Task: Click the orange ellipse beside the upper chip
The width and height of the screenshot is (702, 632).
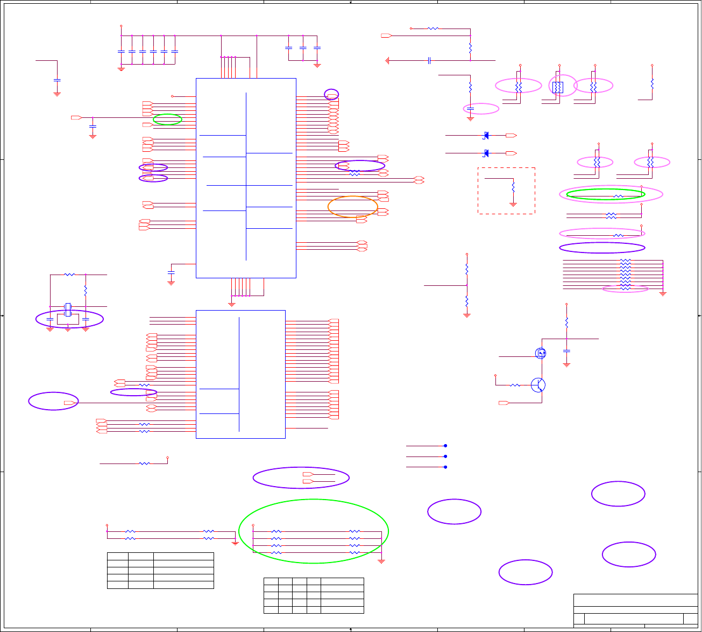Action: [353, 207]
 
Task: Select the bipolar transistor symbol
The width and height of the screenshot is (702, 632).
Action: [538, 385]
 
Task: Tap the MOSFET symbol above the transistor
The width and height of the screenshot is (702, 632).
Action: [541, 353]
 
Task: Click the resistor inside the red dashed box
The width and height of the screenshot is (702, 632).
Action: [513, 186]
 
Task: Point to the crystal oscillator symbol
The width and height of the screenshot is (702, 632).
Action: [68, 310]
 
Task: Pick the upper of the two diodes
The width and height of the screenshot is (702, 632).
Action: [486, 136]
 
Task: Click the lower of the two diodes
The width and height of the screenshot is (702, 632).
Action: [486, 153]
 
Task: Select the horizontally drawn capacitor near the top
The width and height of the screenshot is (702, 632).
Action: [429, 61]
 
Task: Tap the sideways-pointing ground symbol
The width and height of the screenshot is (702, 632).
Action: [387, 61]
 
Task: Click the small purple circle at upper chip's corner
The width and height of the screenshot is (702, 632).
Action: [331, 94]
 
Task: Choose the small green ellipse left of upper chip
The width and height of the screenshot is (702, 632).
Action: [167, 120]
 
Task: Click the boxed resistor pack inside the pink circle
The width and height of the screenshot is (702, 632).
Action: [558, 87]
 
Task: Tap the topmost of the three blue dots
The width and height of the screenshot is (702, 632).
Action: [445, 446]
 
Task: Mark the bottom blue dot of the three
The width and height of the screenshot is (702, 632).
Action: [445, 467]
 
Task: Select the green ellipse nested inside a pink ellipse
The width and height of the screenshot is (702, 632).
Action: [606, 194]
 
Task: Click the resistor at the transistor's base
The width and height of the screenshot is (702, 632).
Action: [515, 385]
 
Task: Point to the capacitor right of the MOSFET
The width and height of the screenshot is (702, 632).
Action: [566, 350]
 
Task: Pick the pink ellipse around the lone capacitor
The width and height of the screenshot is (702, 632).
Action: [481, 109]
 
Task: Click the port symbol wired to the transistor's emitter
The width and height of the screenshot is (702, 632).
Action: [504, 403]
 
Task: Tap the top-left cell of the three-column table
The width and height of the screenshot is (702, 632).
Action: [117, 556]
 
